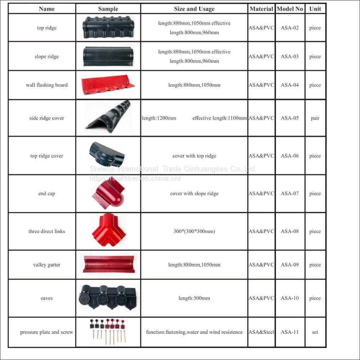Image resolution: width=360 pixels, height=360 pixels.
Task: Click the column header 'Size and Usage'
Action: pos(194,9)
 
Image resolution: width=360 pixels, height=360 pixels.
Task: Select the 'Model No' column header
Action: pos(290,9)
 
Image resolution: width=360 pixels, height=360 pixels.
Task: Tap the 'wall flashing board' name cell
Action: pos(47,85)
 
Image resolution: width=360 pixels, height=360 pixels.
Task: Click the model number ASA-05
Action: pos(290,118)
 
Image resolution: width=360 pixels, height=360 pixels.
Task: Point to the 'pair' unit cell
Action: pos(315,118)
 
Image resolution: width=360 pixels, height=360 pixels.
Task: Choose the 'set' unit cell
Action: pos(315,332)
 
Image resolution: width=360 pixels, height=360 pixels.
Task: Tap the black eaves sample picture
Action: pos(107,297)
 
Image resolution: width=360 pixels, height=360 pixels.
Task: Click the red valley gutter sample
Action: pos(108,264)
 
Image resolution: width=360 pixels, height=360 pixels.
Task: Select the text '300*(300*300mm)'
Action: pos(194,231)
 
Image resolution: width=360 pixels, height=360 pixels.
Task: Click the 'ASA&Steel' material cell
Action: pos(261,332)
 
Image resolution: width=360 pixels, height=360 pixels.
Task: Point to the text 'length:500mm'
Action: pos(194,298)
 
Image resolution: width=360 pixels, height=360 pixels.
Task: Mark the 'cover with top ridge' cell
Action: pos(194,156)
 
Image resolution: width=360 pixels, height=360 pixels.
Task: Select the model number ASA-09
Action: pos(290,265)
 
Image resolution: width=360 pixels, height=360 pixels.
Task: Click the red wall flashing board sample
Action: pos(108,85)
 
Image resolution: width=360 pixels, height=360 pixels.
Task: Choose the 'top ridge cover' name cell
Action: pos(47,156)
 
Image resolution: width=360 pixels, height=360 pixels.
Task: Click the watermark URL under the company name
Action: pos(135,178)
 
